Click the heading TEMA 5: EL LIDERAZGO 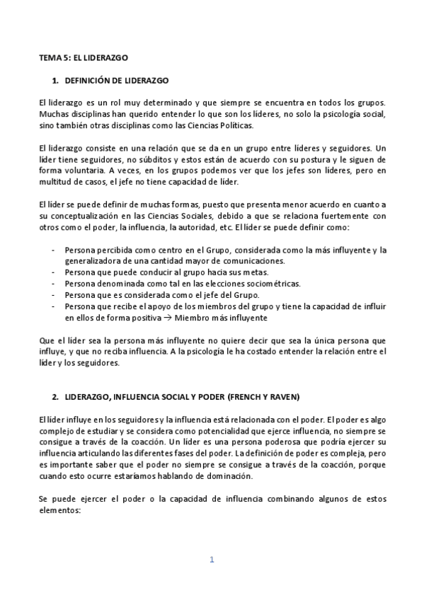(x=84, y=55)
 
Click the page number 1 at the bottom (x=212, y=560)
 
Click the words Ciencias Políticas (x=209, y=126)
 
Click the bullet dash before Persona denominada (x=55, y=283)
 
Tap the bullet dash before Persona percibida (x=55, y=250)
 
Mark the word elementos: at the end (x=61, y=510)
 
